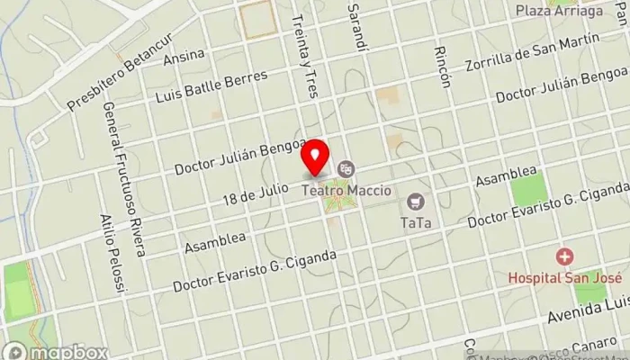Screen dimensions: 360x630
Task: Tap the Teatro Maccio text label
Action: coord(342,189)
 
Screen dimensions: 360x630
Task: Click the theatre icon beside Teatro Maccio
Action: coord(346,168)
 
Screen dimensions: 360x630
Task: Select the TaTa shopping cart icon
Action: coord(415,200)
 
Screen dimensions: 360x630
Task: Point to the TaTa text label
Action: coord(415,220)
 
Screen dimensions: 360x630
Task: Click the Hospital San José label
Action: coord(565,278)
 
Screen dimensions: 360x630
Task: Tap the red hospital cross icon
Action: coord(565,257)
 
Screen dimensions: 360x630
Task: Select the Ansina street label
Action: coord(184,58)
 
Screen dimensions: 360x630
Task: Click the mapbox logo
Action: coord(56,352)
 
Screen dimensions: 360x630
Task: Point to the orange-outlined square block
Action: coord(258,19)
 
